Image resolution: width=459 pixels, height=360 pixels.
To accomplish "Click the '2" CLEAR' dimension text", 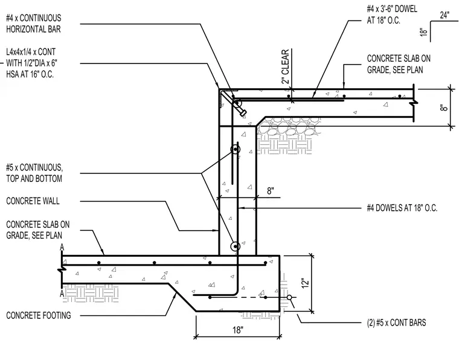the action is (286, 66).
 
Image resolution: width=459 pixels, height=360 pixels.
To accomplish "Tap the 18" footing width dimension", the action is (238, 330).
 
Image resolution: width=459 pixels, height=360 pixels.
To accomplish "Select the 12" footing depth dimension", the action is (305, 283).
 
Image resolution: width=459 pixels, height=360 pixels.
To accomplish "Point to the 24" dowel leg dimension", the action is (445, 15).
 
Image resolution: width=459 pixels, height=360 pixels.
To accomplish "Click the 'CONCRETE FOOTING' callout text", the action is (39, 315).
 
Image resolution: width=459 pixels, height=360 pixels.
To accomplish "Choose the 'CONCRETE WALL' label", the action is (33, 201).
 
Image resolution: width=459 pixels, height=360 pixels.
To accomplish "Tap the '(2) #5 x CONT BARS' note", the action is (396, 323).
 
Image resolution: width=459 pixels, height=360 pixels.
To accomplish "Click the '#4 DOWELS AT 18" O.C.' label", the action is (402, 208).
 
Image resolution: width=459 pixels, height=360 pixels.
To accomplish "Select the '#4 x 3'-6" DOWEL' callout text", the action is (392, 9).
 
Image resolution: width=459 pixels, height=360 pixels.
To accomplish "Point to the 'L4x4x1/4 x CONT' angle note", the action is (31, 52).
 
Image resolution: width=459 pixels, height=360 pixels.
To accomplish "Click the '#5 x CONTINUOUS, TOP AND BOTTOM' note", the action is (34, 173).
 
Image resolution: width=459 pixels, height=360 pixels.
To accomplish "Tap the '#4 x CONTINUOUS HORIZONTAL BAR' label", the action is (34, 24).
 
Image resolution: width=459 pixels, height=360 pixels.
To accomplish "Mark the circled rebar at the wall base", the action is (235, 246).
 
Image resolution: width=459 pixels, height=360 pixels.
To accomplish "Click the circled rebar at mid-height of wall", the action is (235, 150).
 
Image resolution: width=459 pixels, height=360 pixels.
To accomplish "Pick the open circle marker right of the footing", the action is (289, 297).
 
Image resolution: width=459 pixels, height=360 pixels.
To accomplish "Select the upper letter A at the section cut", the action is (62, 248).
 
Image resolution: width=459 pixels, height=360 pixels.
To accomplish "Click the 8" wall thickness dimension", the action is (270, 191).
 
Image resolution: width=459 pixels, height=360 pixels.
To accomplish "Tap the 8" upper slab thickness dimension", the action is (444, 108).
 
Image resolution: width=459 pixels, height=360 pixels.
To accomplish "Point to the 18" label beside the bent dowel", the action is (423, 32).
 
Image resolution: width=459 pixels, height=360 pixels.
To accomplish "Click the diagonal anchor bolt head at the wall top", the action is (243, 113).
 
